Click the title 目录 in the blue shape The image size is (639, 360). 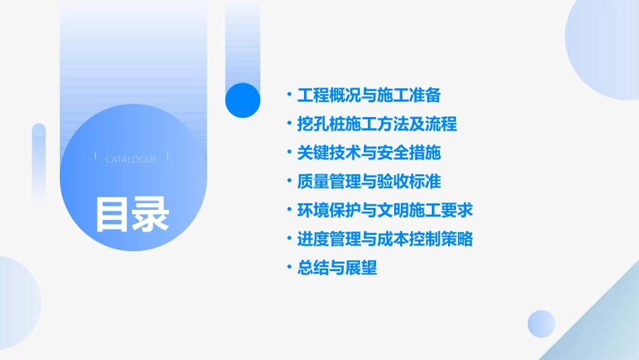coord(133,215)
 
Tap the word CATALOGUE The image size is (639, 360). coord(131,159)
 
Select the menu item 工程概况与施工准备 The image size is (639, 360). coord(369,95)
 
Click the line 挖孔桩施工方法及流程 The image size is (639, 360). coord(377,124)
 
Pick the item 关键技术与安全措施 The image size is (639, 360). coord(369,153)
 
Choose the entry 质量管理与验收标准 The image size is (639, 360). coord(369,182)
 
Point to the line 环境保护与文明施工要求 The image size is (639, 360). coord(385,210)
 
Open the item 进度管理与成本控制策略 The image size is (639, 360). coord(385,239)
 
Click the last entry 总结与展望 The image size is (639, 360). coord(337,268)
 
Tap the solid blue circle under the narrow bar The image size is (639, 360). coord(243,100)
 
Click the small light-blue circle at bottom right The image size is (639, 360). coord(541,324)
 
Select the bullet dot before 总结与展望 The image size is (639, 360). coord(289,268)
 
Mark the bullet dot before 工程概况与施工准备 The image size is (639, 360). coord(289,95)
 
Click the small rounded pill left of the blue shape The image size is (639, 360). coord(39,161)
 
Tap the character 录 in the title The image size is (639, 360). coord(151,215)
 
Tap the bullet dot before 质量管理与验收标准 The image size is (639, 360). coord(289,182)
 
